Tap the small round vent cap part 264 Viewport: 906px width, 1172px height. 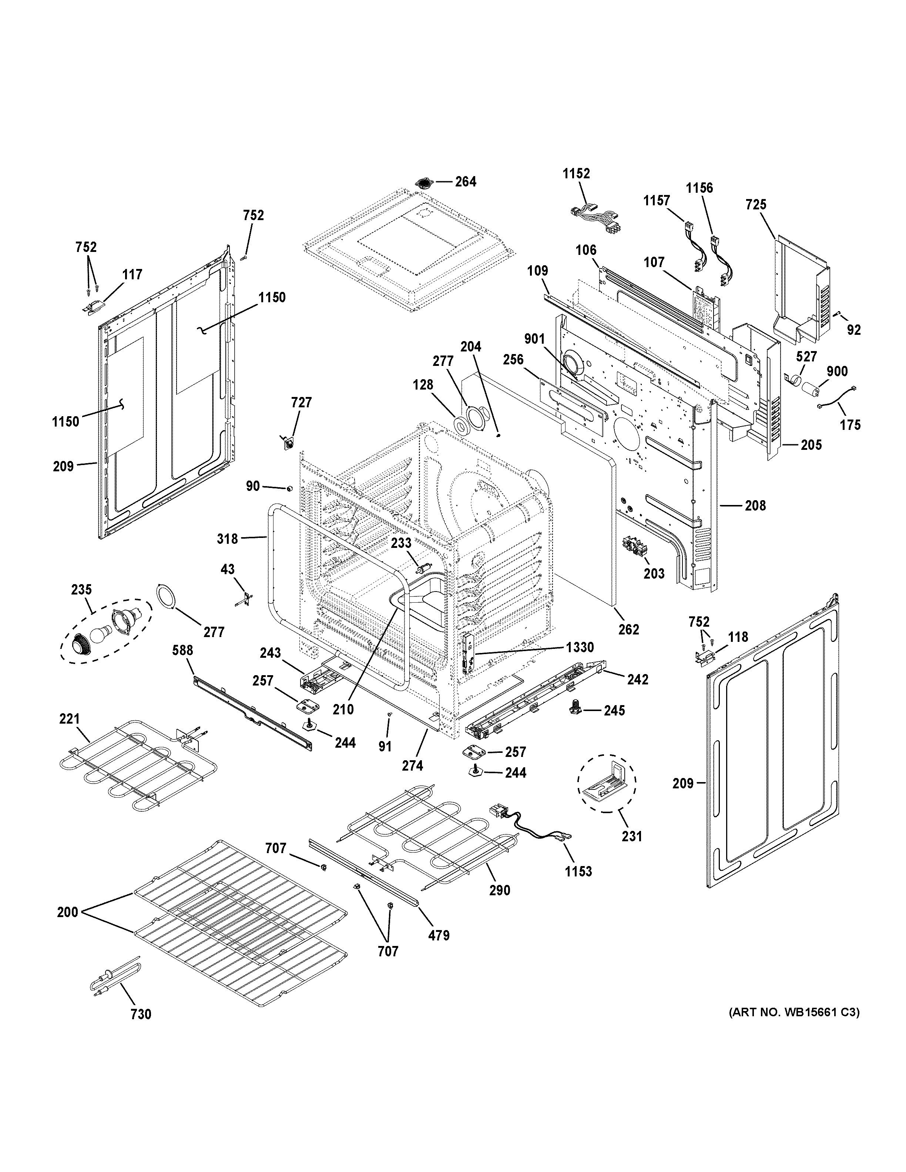[x=424, y=183]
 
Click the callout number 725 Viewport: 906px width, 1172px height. [x=756, y=205]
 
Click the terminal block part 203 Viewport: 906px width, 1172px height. [x=637, y=548]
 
